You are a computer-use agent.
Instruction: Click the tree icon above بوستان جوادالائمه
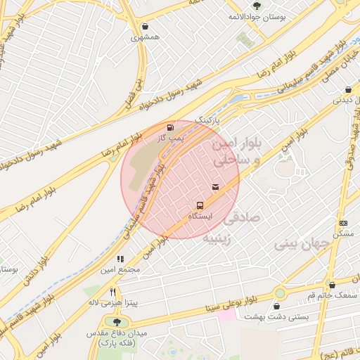[x=255, y=6]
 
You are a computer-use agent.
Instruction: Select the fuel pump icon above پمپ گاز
[x=170, y=128]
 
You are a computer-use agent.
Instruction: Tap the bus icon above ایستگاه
[x=201, y=205]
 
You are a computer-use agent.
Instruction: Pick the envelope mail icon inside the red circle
[x=215, y=186]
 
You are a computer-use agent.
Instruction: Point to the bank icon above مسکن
[x=343, y=223]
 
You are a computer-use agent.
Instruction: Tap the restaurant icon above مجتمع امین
[x=121, y=259]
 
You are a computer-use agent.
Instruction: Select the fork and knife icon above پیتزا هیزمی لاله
[x=112, y=292]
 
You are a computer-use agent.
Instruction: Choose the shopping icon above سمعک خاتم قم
[x=330, y=285]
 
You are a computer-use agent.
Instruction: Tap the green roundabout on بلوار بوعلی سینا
[x=280, y=292]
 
